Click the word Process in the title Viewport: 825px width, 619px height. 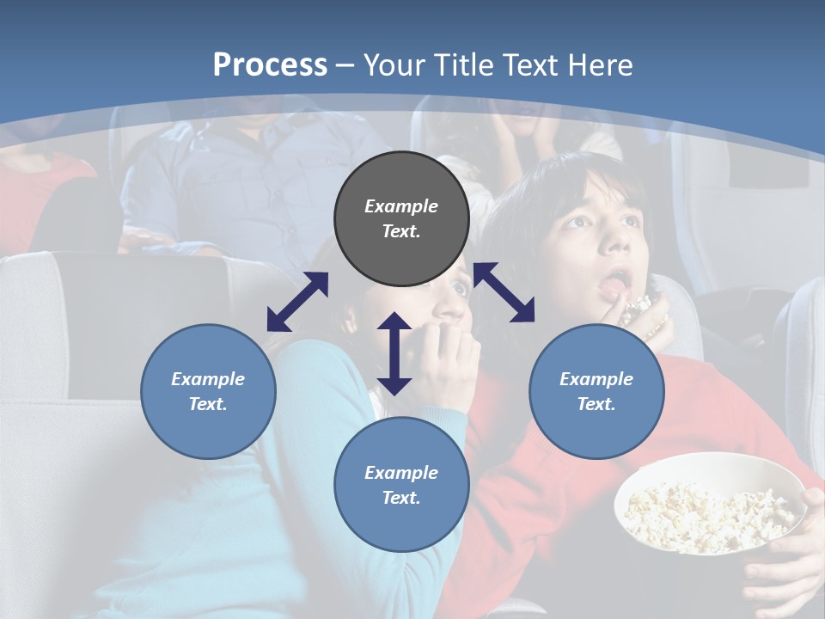[270, 65]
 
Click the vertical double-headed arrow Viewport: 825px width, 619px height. [394, 353]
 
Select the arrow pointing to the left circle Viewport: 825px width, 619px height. [297, 302]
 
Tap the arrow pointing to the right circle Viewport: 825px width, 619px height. [504, 292]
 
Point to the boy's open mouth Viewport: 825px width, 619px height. [615, 281]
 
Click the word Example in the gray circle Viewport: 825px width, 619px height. [401, 206]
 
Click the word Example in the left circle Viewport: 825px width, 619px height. [208, 379]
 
